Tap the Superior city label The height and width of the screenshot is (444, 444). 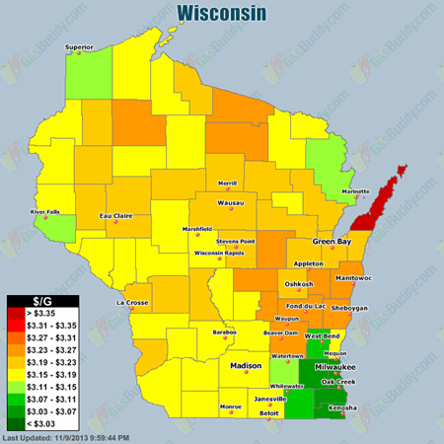click(81, 46)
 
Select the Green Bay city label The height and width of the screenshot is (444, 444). click(332, 241)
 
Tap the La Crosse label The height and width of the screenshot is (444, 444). click(132, 302)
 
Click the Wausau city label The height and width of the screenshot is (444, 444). click(231, 203)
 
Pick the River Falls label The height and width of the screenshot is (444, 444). click(45, 211)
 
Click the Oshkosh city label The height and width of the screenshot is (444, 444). click(299, 284)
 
